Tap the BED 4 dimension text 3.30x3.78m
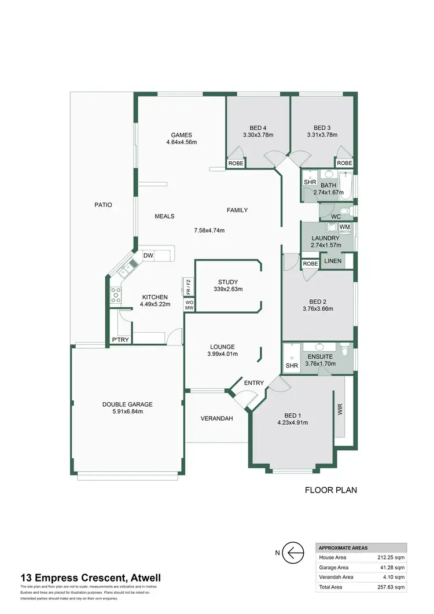tap(258, 135)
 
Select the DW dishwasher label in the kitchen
tap(148, 255)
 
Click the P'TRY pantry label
tap(120, 340)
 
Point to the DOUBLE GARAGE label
tap(127, 405)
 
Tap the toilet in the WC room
tap(345, 211)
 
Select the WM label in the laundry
tap(344, 227)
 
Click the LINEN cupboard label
tap(333, 261)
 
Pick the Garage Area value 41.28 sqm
tap(393, 567)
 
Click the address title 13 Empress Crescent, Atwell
tap(90, 578)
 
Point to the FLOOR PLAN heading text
tap(331, 490)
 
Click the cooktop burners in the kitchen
tap(116, 295)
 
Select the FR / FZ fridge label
tap(188, 286)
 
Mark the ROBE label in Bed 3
tap(344, 164)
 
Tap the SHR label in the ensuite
tap(292, 366)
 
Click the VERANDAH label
tap(216, 418)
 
